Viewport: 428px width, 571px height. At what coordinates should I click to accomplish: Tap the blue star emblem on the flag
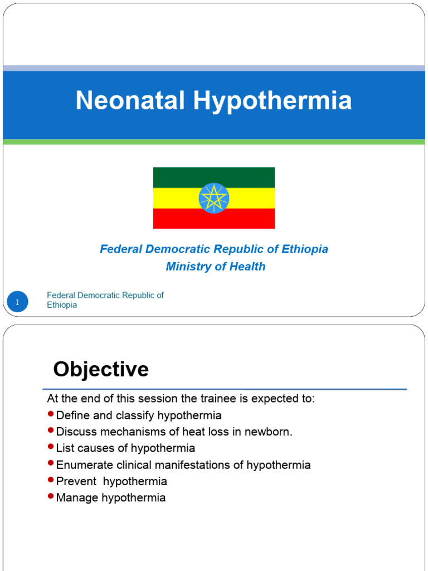[x=214, y=198]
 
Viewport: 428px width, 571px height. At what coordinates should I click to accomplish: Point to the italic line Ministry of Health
[x=215, y=267]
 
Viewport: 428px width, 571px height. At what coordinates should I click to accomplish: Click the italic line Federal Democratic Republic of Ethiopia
[x=214, y=249]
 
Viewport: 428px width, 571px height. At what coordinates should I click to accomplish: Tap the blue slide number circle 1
[x=17, y=302]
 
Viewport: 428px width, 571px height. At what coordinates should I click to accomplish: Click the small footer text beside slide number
[x=105, y=300]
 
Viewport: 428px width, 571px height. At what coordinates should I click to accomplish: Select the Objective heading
[x=101, y=369]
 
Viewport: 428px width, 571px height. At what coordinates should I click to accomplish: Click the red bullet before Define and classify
[x=51, y=414]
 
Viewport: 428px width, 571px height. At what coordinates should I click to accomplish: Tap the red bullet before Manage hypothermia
[x=51, y=496]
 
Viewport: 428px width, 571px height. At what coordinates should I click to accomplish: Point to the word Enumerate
[x=85, y=465]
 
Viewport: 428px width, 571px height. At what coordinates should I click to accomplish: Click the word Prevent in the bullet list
[x=75, y=481]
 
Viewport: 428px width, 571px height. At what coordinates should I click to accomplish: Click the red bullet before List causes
[x=51, y=447]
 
